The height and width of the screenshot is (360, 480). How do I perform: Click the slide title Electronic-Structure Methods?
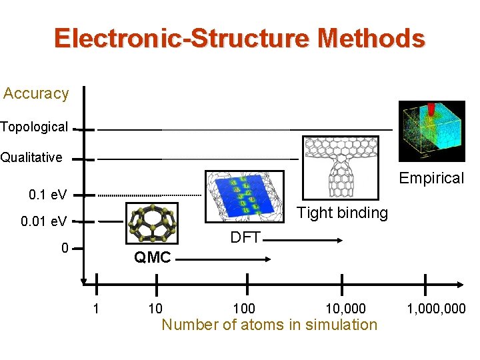(x=239, y=38)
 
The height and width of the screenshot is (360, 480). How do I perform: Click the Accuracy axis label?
(x=36, y=93)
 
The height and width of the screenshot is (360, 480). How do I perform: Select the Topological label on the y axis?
(x=34, y=127)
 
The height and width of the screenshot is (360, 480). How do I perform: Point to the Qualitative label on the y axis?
(x=31, y=158)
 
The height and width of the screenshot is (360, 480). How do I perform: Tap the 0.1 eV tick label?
(x=47, y=195)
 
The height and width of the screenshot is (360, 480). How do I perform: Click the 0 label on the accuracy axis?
(x=64, y=249)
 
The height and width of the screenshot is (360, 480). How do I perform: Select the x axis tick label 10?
(x=155, y=309)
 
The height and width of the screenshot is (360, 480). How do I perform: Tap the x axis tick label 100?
(x=243, y=309)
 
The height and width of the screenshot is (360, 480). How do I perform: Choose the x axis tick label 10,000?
(x=345, y=309)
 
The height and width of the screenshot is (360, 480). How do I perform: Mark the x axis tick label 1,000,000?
(x=437, y=309)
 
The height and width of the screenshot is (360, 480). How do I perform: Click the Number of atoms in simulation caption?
(x=269, y=325)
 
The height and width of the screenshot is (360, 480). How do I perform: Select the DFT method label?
(x=245, y=237)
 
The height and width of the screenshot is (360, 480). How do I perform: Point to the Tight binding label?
(x=342, y=213)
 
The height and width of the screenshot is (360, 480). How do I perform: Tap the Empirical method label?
(x=431, y=178)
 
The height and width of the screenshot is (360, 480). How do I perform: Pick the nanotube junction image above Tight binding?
(x=340, y=167)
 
